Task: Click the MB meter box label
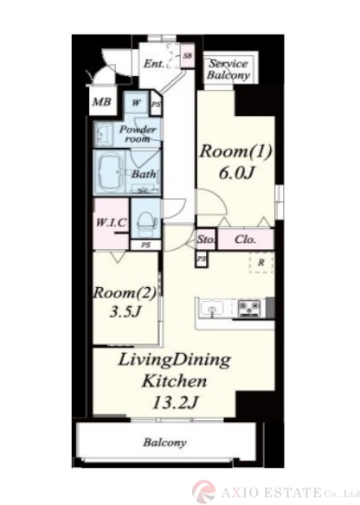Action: click(102, 102)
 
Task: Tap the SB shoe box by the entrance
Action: click(187, 55)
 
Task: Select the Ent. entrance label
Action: click(154, 63)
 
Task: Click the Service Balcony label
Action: click(228, 69)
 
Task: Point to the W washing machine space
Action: click(137, 103)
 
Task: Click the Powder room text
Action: click(138, 134)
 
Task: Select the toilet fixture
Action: click(147, 222)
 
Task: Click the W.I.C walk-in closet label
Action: click(111, 222)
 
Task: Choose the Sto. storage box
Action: click(206, 239)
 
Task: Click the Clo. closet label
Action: click(246, 240)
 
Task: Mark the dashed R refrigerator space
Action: click(261, 263)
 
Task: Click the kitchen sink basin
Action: click(212, 309)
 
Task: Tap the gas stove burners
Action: click(249, 308)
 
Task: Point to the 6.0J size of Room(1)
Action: click(237, 173)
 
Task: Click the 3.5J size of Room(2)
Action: click(125, 312)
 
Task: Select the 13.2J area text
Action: click(175, 402)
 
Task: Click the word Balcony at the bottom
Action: click(164, 443)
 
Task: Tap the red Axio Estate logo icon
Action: click(203, 491)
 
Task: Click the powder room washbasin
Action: click(104, 134)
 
